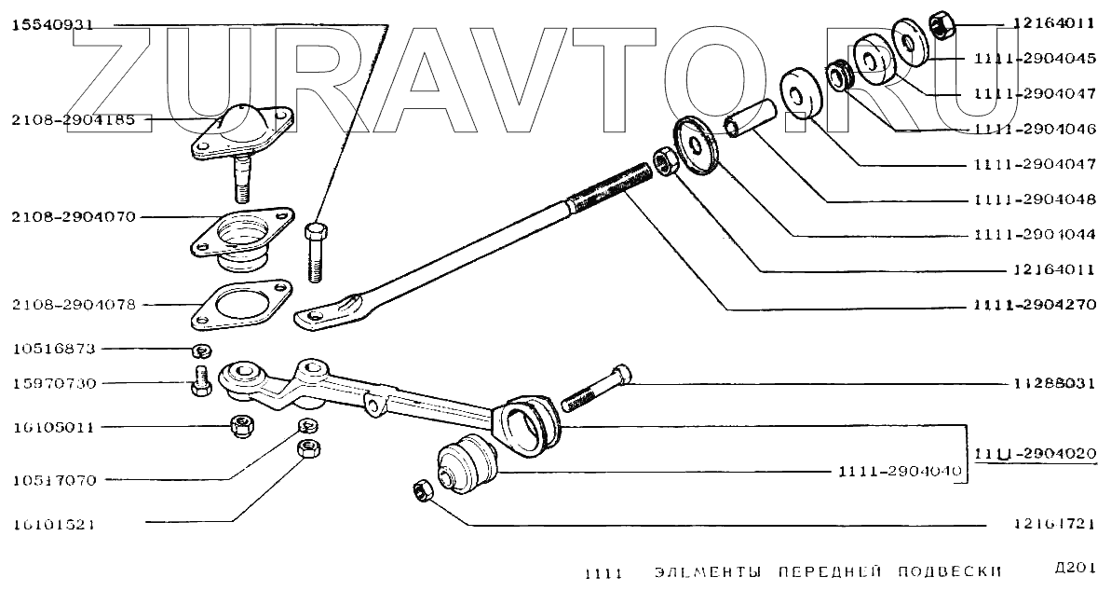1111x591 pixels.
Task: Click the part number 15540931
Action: (52, 25)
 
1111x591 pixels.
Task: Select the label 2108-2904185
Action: (74, 120)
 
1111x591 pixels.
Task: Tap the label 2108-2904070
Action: (74, 217)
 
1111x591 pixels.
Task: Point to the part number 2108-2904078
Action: (74, 305)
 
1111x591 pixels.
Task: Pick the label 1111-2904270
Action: (1035, 305)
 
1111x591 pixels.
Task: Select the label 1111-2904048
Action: (1035, 199)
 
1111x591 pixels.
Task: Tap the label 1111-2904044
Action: (1035, 235)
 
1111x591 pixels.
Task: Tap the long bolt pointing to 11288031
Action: (596, 388)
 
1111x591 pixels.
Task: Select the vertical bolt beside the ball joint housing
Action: (316, 250)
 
